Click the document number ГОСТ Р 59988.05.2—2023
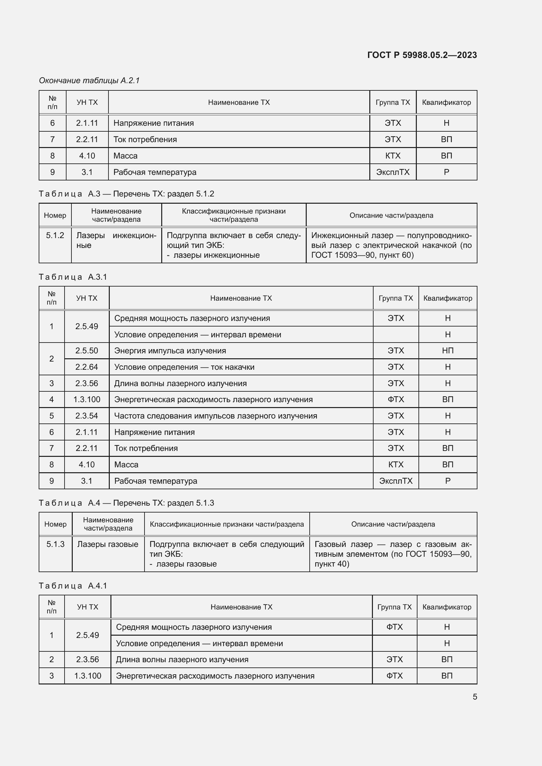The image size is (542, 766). [x=422, y=55]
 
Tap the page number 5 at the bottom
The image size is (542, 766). [x=474, y=697]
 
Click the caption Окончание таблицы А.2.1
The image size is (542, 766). [x=89, y=81]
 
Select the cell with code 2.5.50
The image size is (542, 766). [x=87, y=351]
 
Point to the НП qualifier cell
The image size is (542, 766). [x=448, y=351]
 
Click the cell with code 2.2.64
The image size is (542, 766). [x=87, y=367]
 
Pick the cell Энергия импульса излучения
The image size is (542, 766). [x=170, y=351]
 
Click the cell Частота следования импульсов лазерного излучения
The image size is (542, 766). [x=216, y=416]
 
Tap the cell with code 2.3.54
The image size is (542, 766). [x=87, y=416]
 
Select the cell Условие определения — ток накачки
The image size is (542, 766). [x=184, y=367]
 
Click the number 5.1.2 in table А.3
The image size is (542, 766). [x=55, y=235]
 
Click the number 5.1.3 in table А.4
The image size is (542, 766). [x=55, y=544]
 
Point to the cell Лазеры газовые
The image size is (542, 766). [x=107, y=544]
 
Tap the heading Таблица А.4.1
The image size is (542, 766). [x=73, y=586]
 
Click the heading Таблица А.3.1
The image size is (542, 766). [x=73, y=277]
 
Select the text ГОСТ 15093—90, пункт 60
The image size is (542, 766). [x=362, y=255]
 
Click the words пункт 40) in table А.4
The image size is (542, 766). [x=332, y=564]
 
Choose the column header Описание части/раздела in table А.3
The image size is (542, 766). [x=391, y=215]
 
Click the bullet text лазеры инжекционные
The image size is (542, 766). [x=216, y=255]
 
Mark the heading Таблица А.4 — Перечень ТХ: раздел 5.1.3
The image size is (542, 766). [x=126, y=503]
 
